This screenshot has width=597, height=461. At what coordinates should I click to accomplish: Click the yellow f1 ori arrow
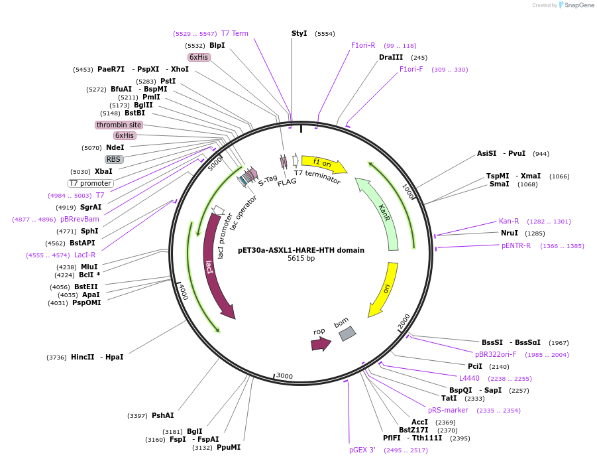coord(323,163)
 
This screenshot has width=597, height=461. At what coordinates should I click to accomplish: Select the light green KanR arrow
coord(381,212)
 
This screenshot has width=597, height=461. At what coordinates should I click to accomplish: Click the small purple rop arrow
coord(321,344)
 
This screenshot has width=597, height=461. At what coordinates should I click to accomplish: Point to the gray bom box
coord(347,334)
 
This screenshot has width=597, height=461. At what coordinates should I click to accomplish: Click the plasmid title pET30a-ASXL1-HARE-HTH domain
coord(301,250)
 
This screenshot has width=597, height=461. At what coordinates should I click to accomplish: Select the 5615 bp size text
coord(301,259)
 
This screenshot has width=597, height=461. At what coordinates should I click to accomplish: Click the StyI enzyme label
coord(299,33)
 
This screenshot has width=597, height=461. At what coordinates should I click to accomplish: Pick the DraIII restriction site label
coord(390,58)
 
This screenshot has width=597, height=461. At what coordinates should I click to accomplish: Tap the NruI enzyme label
coord(509,233)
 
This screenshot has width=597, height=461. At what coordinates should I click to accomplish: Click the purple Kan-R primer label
coord(508,222)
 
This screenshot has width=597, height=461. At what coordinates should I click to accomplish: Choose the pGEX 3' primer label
coord(362,450)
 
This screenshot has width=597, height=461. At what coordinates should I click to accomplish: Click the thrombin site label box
coord(119,125)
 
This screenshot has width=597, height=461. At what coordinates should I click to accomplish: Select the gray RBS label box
coord(114,159)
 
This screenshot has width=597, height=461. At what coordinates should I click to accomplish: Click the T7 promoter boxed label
coord(91,183)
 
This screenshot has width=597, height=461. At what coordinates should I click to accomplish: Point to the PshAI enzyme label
coord(162,415)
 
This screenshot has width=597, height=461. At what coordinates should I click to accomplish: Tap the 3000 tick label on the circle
coord(284,376)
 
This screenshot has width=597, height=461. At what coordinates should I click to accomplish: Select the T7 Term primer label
coord(235,33)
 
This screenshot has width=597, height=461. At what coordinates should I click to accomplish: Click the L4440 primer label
coord(469,378)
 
